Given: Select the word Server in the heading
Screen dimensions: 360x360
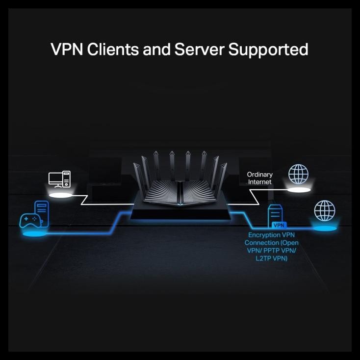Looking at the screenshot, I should (208, 49).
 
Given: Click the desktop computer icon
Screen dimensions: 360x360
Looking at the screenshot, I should (60, 180).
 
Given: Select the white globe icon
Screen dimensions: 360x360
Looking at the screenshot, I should (299, 174).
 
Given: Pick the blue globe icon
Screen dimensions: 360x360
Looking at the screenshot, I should (324, 210).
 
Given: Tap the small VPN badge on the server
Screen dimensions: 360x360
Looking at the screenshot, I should (279, 225).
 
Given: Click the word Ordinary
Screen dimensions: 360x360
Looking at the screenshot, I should (259, 174).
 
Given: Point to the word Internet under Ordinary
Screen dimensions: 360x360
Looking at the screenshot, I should (259, 182).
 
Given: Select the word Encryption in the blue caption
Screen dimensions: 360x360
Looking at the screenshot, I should (259, 235).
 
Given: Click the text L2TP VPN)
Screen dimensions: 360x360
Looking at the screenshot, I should (271, 257).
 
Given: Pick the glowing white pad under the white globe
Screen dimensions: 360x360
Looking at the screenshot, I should (299, 189).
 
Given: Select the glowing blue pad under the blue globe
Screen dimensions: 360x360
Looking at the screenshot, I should (324, 227).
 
